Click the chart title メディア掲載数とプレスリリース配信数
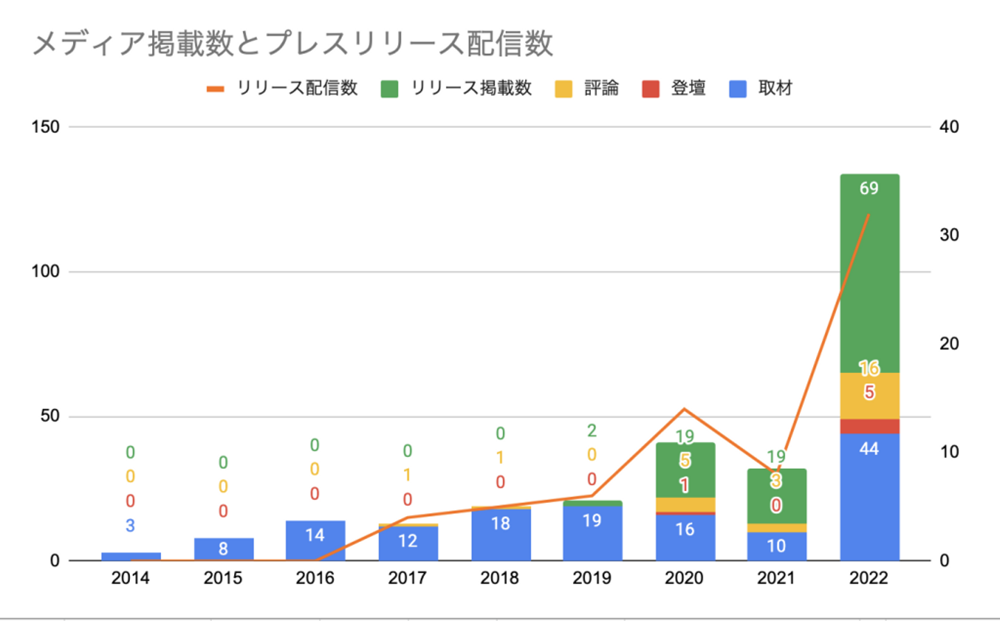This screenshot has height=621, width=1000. coord(292,43)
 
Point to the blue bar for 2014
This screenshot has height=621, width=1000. coord(131,556)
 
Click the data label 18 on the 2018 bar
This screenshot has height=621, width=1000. coord(500,523)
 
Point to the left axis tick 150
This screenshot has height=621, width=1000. coord(46,127)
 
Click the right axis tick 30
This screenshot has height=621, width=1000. coord(949,235)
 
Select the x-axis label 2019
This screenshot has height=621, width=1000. coord(592,578)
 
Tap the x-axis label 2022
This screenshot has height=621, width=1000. coord(869,578)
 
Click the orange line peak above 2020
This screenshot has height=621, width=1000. coord(684,409)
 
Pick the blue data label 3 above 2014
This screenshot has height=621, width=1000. coord(130,526)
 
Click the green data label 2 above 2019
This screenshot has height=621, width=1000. coord(592,431)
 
